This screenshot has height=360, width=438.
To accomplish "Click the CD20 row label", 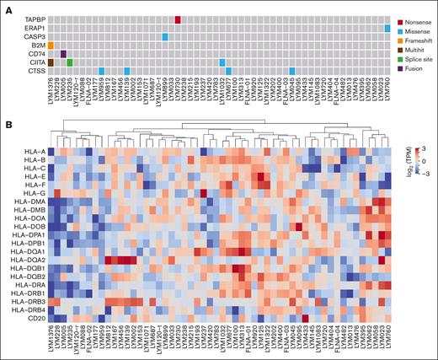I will [34, 317].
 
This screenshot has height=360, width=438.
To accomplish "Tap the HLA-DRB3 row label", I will [28, 300].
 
